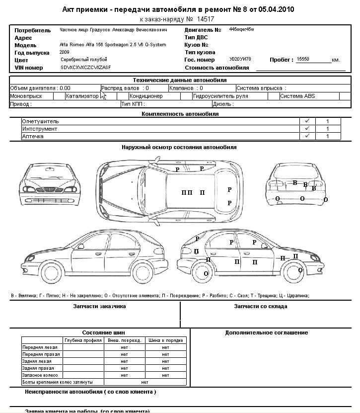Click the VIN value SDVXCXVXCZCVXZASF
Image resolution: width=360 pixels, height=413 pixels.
[86, 67]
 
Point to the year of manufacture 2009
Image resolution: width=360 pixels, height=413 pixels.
[65, 52]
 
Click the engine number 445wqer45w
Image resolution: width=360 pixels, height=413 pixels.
[242, 30]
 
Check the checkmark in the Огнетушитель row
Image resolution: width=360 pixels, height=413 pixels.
[307, 121]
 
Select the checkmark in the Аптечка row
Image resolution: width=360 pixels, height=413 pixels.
[307, 136]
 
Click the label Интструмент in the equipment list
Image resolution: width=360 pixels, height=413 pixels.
[39, 129]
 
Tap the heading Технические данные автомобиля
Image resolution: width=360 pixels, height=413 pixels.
[179, 80]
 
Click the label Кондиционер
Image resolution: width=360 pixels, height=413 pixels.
[146, 96]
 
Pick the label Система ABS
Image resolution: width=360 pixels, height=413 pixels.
[297, 96]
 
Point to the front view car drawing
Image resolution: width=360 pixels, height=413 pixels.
[50, 185]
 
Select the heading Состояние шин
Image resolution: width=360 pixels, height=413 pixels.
[103, 332]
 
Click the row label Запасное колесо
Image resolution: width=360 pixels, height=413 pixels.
[40, 375]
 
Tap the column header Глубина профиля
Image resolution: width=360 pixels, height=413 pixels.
[83, 340]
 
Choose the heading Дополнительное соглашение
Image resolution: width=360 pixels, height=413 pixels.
[267, 332]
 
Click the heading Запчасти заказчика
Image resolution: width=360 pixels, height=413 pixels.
[99, 307]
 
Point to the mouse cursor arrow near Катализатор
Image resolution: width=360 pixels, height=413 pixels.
[103, 95]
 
